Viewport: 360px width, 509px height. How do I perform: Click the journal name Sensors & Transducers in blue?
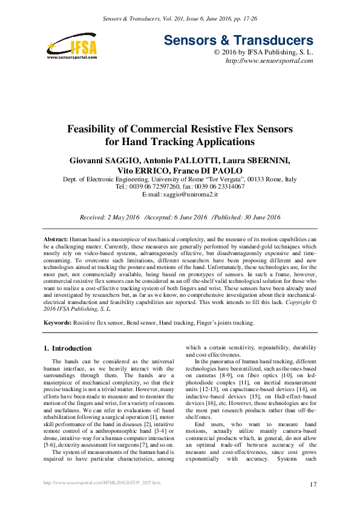(239, 41)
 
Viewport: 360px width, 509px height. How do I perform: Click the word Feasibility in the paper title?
(98, 129)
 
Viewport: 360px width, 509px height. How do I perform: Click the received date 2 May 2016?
(117, 217)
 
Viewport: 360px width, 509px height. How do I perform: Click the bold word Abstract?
(56, 240)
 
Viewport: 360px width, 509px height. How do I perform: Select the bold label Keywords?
(58, 323)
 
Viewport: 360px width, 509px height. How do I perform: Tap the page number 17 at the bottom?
(313, 484)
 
